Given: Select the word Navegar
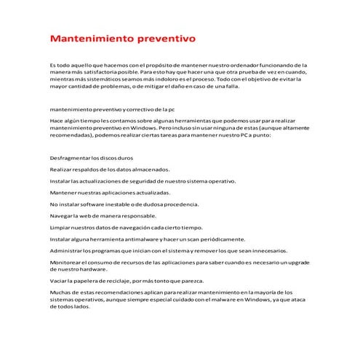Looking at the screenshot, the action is coord(62,216).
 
